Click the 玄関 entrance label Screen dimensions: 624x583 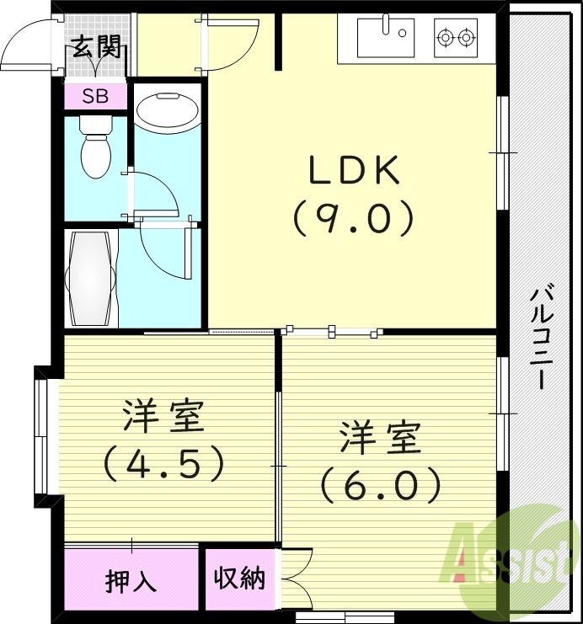click(94, 47)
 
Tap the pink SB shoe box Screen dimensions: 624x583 click(95, 96)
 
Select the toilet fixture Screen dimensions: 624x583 click(94, 148)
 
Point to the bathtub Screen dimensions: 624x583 click(89, 279)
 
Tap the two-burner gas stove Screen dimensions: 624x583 click(456, 37)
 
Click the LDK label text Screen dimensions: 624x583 click(353, 172)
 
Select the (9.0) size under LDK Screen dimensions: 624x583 click(353, 218)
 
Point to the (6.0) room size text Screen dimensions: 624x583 click(381, 484)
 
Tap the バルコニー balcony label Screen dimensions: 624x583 click(543, 338)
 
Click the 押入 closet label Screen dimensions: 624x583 click(131, 581)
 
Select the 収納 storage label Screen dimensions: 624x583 click(238, 579)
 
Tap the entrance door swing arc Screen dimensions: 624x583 click(29, 45)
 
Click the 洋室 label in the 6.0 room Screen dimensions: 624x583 click(381, 439)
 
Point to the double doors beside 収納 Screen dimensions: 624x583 click(294, 579)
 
